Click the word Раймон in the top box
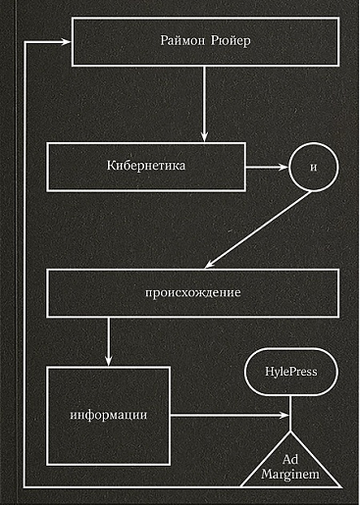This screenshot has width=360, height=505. click(x=182, y=41)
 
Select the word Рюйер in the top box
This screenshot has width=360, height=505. click(x=231, y=41)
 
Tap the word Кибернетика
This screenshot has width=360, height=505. click(x=146, y=166)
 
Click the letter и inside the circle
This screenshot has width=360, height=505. click(x=314, y=167)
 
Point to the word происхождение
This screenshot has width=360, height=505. click(x=193, y=292)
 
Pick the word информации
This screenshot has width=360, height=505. click(x=109, y=415)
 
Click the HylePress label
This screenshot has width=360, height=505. click(x=291, y=372)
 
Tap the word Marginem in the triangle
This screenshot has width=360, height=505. click(x=290, y=475)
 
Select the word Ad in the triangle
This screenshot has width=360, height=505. click(x=290, y=459)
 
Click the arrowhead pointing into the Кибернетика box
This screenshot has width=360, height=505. click(x=204, y=136)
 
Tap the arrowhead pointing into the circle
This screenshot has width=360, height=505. click(x=283, y=167)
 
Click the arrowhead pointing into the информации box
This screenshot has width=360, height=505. click(x=109, y=360)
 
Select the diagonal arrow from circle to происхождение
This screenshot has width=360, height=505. click(x=258, y=230)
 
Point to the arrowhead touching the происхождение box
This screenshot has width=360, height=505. click(x=210, y=265)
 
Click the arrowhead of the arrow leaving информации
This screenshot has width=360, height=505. click(x=284, y=415)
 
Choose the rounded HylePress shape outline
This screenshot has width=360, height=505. click(x=291, y=348)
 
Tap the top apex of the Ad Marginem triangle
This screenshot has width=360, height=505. click(x=290, y=431)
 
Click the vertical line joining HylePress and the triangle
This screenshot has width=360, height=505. click(x=290, y=414)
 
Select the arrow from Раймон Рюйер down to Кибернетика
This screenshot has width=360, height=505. click(x=204, y=104)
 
